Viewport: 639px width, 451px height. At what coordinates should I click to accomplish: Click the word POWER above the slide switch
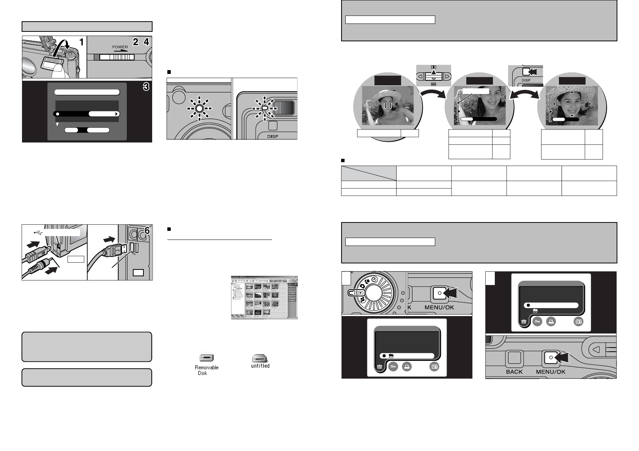click(x=120, y=47)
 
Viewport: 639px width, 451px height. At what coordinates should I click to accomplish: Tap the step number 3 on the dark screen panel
click(x=146, y=87)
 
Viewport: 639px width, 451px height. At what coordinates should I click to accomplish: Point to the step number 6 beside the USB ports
click(x=148, y=230)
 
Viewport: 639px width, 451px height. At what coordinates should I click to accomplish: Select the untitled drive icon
click(x=260, y=358)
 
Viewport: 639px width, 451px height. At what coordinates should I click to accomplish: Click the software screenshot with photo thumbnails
click(x=264, y=297)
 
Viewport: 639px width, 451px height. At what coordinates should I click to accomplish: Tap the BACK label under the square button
click(x=514, y=372)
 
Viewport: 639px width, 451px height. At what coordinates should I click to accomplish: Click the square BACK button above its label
click(x=514, y=359)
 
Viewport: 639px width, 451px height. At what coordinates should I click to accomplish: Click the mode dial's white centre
click(x=375, y=294)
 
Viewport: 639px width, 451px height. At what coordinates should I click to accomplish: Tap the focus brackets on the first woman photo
click(x=388, y=105)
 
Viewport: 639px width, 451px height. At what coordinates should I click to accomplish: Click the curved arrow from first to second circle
click(x=433, y=99)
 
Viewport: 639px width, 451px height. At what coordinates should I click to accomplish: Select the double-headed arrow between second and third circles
click(x=524, y=97)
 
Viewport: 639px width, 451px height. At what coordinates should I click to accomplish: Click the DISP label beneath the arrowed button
click(x=526, y=80)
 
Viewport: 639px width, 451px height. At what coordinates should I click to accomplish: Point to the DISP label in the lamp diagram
click(x=272, y=136)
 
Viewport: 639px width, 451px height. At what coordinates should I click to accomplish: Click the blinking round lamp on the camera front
click(x=199, y=108)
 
